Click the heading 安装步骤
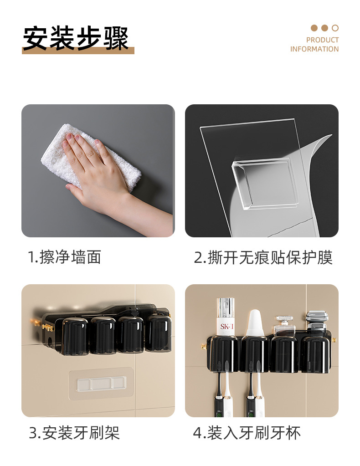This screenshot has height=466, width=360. click(76, 38)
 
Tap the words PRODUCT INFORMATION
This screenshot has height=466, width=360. click(314, 45)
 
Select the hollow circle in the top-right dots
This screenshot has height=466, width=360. click(335, 28)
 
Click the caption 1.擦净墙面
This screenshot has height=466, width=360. click(65, 257)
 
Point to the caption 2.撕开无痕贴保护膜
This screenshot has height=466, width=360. click(263, 257)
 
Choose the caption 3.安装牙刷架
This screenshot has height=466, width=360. click(74, 432)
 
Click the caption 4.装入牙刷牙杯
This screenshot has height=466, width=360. click(247, 432)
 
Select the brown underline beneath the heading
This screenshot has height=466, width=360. click(78, 51)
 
